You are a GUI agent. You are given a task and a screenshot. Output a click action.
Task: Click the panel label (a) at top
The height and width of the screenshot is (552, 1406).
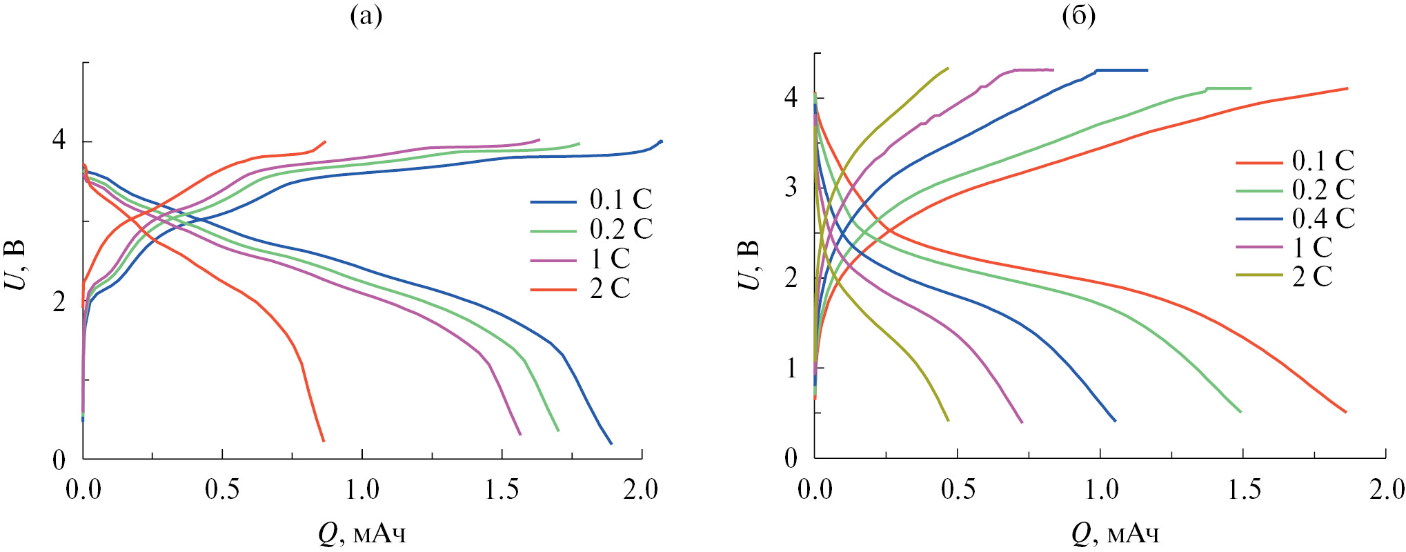pyautogui.click(x=366, y=15)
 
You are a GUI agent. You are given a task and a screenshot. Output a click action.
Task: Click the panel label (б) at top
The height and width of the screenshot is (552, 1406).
pyautogui.click(x=1078, y=15)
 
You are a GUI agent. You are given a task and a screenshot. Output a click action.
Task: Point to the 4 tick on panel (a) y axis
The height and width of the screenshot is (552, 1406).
pyautogui.click(x=59, y=141)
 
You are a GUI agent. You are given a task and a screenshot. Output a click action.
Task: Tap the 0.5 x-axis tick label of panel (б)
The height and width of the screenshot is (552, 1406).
pyautogui.click(x=958, y=490)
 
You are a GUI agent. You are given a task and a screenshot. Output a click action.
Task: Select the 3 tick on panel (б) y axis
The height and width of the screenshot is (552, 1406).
pyautogui.click(x=791, y=187)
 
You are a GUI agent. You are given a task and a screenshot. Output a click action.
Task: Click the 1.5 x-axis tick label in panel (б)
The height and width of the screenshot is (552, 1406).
pyautogui.click(x=1244, y=490)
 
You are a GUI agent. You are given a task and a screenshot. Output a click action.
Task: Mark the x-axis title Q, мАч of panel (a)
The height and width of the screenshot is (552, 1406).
pyautogui.click(x=362, y=533)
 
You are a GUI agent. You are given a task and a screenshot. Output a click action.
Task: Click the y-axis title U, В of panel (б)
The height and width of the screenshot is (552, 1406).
pyautogui.click(x=750, y=265)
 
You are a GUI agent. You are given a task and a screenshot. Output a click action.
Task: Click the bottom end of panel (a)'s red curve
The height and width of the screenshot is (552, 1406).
pyautogui.click(x=323, y=440)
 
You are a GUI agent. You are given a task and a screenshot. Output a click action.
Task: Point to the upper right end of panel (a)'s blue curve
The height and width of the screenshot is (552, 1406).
pyautogui.click(x=661, y=141)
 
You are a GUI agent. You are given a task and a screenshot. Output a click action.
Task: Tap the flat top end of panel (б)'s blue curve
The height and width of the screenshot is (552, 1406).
pyautogui.click(x=1147, y=70)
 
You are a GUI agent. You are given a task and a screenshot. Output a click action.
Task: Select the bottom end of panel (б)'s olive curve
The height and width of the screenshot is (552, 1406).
pyautogui.click(x=948, y=420)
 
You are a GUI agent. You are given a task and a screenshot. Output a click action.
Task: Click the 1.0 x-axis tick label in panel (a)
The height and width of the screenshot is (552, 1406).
pyautogui.click(x=362, y=490)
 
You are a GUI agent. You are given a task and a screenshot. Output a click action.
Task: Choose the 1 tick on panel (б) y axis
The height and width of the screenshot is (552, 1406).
pyautogui.click(x=791, y=368)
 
